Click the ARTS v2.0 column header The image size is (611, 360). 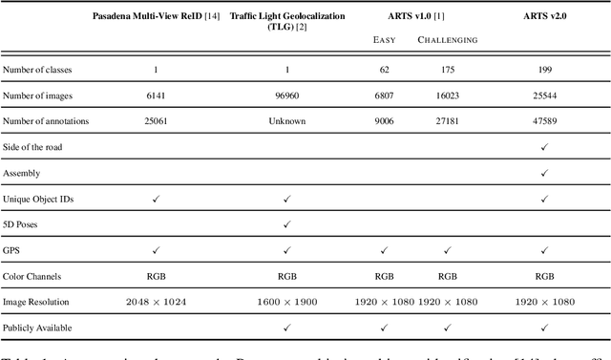coord(543,17)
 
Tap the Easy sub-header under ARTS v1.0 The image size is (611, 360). coord(384,40)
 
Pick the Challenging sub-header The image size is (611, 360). coord(447,40)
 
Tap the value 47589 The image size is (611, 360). coord(543,121)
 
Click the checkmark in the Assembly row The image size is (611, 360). coord(543,173)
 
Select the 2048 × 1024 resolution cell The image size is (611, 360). coord(155,302)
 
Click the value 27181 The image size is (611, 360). coord(447,121)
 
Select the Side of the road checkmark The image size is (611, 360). coord(543,147)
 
